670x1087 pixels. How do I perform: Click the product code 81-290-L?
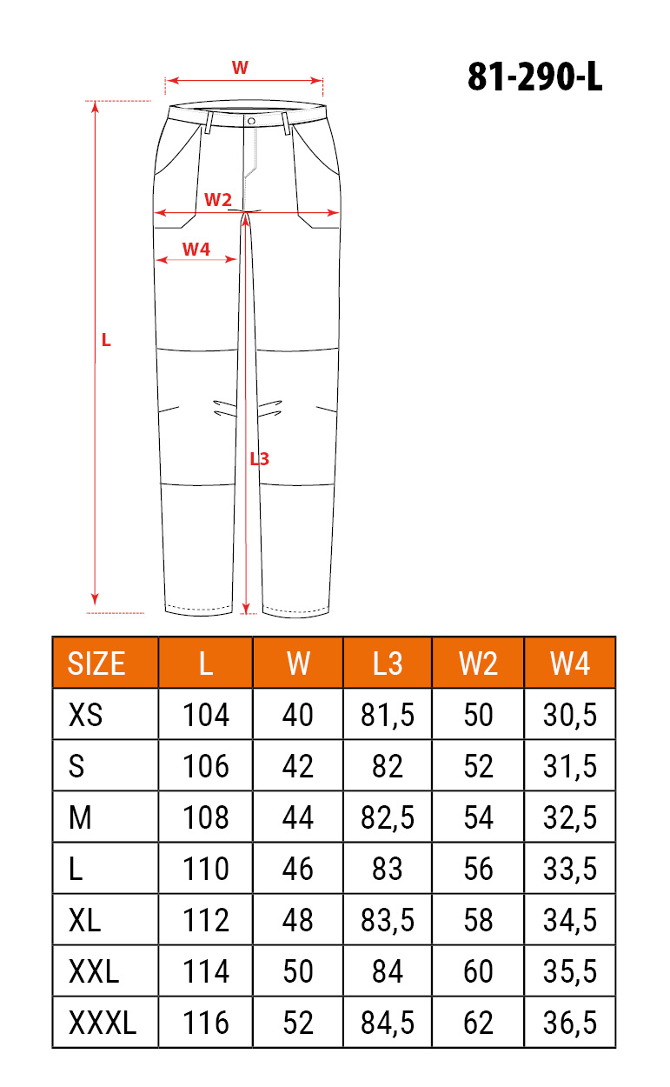[x=534, y=77]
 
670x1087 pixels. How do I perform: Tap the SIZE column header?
[x=96, y=664]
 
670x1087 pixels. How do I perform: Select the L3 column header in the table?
[x=388, y=664]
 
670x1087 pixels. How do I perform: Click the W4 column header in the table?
[x=570, y=664]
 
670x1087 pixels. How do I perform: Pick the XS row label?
[x=85, y=716]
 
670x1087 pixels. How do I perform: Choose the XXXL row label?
[x=103, y=1023]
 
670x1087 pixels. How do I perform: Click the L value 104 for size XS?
[x=206, y=716]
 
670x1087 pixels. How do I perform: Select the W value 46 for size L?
[x=298, y=869]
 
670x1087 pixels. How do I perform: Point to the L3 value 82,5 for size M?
[x=388, y=817]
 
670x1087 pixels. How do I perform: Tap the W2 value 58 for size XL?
[x=478, y=920]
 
